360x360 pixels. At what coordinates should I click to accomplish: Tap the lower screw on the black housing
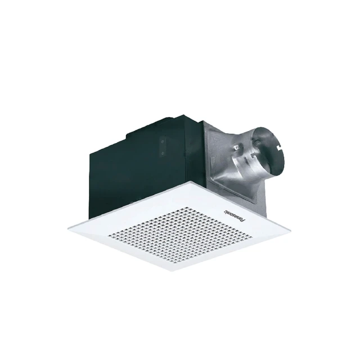tap(163, 152)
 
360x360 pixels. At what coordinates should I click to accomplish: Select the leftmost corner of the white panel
tap(68, 227)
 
